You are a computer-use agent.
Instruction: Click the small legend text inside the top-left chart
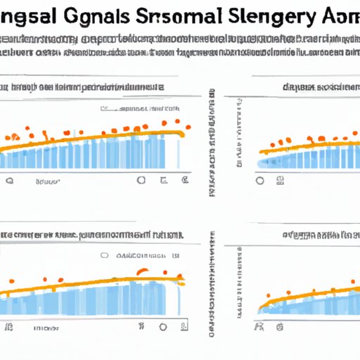pyautogui.click(x=141, y=110)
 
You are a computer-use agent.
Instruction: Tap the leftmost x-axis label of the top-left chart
pyautogui.click(x=10, y=181)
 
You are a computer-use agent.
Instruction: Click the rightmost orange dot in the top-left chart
pyautogui.click(x=188, y=127)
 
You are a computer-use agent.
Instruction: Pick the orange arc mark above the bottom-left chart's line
pyautogui.click(x=142, y=271)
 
